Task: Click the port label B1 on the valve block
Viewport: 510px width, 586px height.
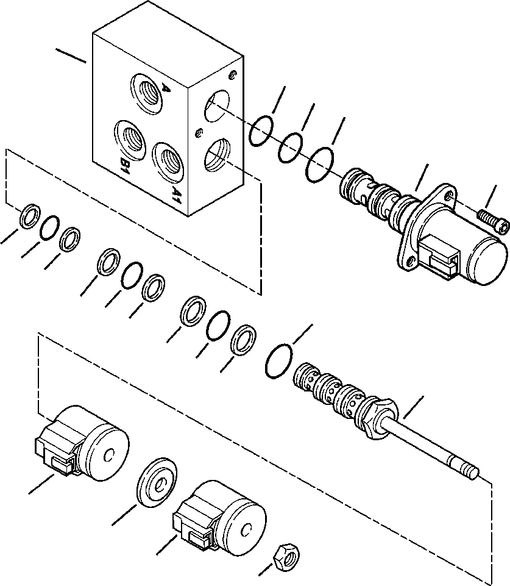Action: pos(124,166)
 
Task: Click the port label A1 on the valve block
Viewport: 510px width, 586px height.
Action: pos(175,195)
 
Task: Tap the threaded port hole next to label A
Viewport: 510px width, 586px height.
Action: pos(144,93)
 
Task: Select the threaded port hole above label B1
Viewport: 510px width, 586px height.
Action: pos(130,138)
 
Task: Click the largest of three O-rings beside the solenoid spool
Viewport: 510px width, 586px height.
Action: pos(321,163)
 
